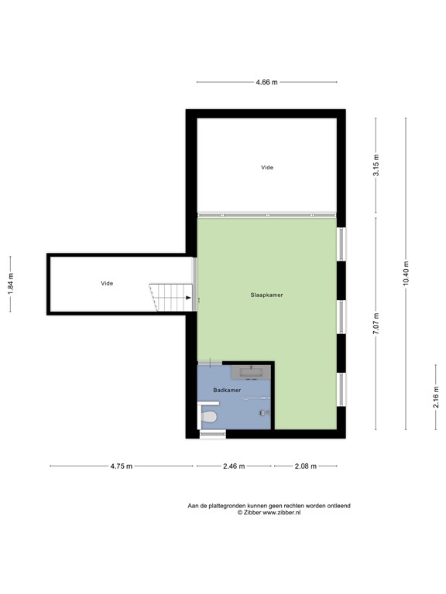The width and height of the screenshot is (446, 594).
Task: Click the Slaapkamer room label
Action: click(x=266, y=295)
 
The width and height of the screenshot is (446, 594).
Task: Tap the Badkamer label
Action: click(x=227, y=390)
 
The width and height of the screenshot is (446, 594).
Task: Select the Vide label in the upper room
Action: click(x=267, y=167)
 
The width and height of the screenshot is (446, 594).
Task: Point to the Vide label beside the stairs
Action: click(x=107, y=283)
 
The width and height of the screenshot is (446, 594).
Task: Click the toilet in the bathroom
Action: click(x=208, y=417)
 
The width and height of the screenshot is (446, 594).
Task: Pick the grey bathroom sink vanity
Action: click(x=250, y=372)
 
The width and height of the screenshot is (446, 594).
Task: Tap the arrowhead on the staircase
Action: click(x=188, y=298)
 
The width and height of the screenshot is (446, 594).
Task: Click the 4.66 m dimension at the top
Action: click(x=266, y=82)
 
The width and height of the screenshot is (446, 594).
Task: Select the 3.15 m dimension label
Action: click(x=376, y=166)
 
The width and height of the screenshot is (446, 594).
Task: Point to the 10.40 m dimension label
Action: click(x=406, y=274)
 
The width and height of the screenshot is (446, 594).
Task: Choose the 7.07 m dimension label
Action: click(x=376, y=323)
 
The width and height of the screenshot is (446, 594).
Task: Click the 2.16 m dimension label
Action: click(x=435, y=397)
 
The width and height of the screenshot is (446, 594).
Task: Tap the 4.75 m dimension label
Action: click(x=122, y=466)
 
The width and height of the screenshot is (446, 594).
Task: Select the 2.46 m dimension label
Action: click(x=234, y=466)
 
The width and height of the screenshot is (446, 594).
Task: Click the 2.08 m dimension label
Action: click(x=306, y=466)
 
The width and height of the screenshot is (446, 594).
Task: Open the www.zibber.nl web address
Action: click(x=282, y=513)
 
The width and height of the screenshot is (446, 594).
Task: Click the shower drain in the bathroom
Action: click(x=262, y=412)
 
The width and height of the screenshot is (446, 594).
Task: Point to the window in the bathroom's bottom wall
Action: click(x=213, y=434)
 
